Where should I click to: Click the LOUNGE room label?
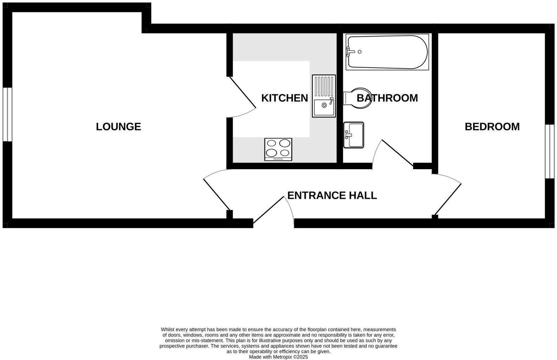pyautogui.click(x=119, y=127)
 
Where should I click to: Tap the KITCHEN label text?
pyautogui.click(x=284, y=98)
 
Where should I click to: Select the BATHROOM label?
pyautogui.click(x=387, y=98)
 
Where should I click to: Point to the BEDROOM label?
pyautogui.click(x=492, y=127)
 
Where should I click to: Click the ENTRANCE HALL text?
pyautogui.click(x=332, y=195)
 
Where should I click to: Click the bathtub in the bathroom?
pyautogui.click(x=387, y=52)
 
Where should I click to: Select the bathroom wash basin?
pyautogui.click(x=354, y=135)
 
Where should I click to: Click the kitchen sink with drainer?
pyautogui.click(x=324, y=96)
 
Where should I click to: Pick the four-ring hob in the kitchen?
pyautogui.click(x=278, y=149)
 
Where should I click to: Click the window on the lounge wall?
pyautogui.click(x=7, y=114)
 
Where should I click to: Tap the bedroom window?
pyautogui.click(x=550, y=151)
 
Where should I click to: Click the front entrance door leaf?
pyautogui.click(x=269, y=210)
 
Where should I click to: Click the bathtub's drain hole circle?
pyautogui.click(x=359, y=52)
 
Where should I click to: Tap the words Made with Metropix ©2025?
pyautogui.click(x=278, y=357)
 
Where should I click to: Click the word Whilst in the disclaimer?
pyautogui.click(x=168, y=330)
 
